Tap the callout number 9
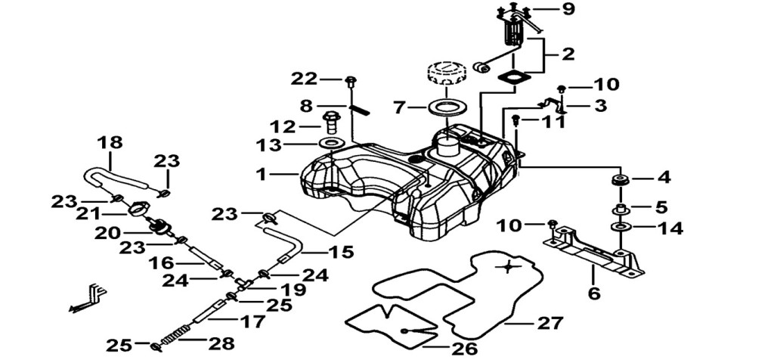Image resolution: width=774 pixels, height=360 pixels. click(568, 9)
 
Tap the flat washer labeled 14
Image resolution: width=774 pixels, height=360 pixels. click(621, 228)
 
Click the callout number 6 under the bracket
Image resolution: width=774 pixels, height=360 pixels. click(594, 293)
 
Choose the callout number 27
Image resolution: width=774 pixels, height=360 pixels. click(550, 324)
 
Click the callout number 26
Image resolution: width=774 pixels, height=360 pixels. click(465, 349)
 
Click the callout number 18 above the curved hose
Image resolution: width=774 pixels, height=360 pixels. click(110, 143)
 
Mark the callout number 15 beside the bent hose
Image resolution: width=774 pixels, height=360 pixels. click(342, 253)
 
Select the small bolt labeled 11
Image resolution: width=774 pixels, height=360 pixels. click(516, 120)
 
